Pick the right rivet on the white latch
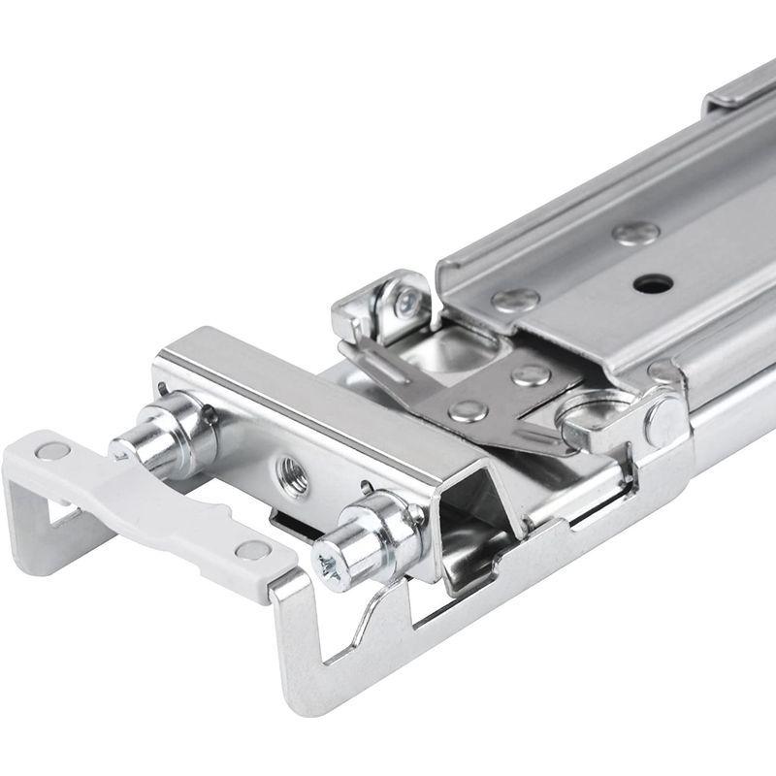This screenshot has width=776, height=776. point(253,550)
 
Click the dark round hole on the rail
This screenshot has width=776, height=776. point(652,284)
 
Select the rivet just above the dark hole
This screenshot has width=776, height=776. point(635,233)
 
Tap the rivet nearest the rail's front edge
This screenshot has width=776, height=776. point(514,300)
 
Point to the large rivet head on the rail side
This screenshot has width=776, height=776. point(666,420)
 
